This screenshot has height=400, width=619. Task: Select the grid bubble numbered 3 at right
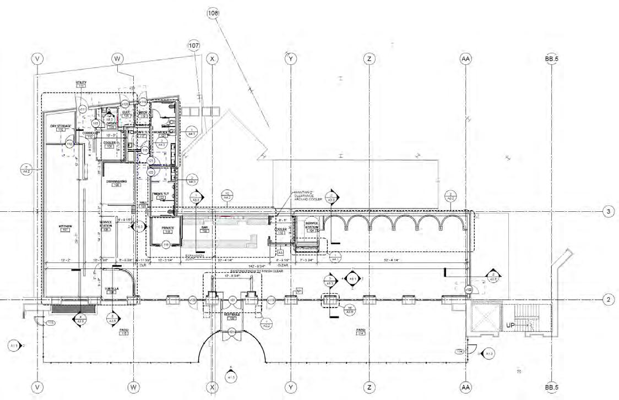tap(608, 211)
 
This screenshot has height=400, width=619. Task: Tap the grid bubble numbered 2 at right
tap(608, 300)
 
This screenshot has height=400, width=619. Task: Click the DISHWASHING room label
tap(117, 182)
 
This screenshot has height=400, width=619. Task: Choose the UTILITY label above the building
tap(81, 83)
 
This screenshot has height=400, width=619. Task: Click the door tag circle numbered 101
tap(232, 300)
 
